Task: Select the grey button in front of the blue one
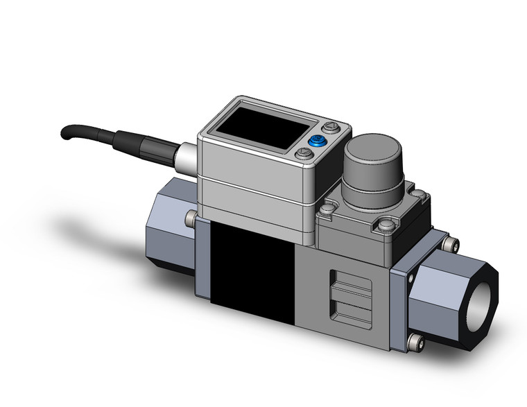(303, 155)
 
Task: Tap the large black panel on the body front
(250, 270)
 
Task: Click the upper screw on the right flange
(452, 243)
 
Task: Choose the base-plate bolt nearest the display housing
(328, 207)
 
